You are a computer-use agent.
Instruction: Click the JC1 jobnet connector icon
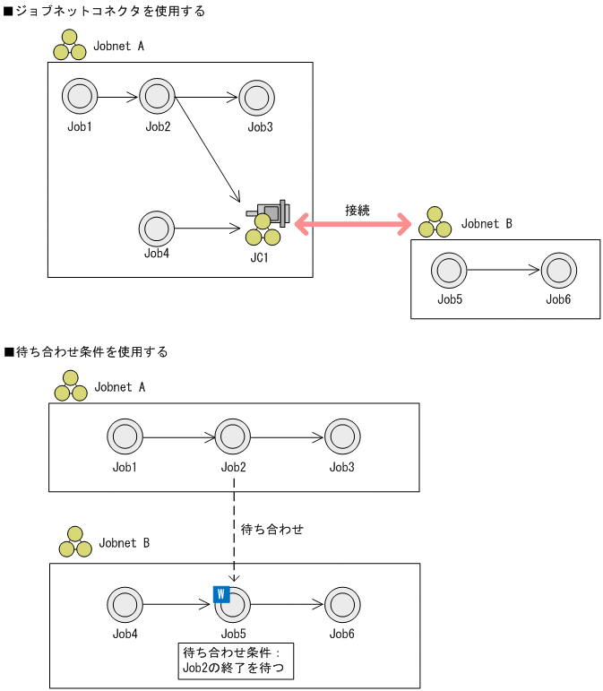266,222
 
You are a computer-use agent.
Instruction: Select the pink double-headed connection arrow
352,222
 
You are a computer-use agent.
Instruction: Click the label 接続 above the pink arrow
357,210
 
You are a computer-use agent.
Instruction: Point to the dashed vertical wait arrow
234,529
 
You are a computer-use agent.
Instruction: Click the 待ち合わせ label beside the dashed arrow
272,530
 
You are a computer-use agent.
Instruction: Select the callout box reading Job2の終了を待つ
236,660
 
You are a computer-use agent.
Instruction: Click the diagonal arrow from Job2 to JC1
207,149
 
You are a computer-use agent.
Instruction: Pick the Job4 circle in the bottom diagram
125,605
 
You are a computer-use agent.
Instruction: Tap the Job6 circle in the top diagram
558,269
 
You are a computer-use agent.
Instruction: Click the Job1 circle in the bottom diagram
125,438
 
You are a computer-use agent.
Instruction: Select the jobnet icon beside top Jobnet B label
435,222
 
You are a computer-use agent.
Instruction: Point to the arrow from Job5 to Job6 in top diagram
502,269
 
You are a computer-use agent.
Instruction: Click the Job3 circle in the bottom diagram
341,438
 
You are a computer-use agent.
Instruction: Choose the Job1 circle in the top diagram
80,96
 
